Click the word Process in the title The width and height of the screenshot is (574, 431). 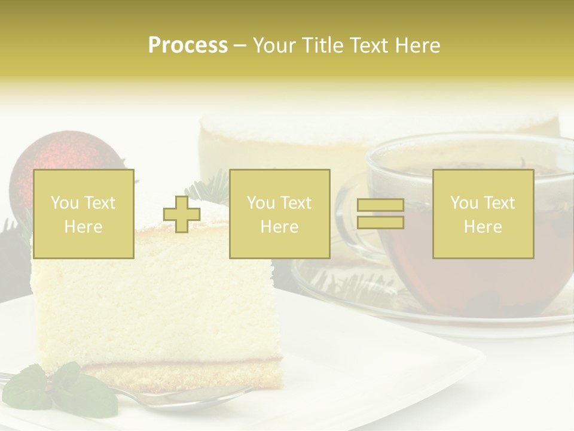(x=188, y=45)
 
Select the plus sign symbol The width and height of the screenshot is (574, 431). (x=182, y=214)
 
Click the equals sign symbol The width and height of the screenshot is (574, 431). (x=380, y=214)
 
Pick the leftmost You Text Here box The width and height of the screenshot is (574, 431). (x=83, y=214)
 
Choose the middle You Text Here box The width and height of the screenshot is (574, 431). (x=279, y=214)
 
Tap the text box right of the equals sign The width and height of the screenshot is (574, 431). (x=483, y=214)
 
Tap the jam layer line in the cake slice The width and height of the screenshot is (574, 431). (x=179, y=363)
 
